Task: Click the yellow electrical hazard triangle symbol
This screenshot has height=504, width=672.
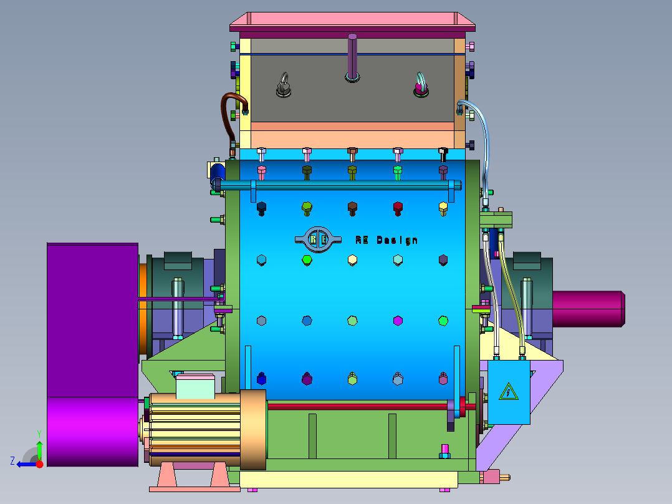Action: click(x=509, y=392)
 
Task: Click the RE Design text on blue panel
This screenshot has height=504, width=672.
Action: click(x=386, y=240)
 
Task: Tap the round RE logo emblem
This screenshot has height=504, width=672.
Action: click(x=318, y=240)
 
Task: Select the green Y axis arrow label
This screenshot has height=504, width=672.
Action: click(x=39, y=434)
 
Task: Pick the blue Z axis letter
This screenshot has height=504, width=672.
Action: click(x=12, y=461)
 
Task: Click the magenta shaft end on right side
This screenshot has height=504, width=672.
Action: click(x=588, y=309)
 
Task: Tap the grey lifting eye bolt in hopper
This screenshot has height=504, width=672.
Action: click(x=284, y=85)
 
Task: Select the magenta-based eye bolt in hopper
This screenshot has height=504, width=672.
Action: click(x=421, y=85)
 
